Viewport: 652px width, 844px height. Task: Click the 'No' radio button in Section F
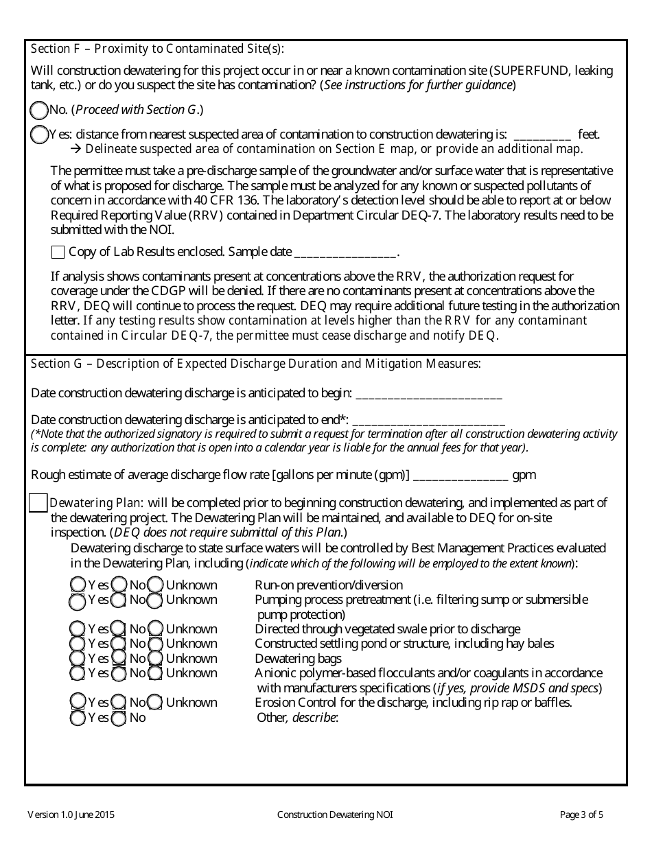tap(40, 110)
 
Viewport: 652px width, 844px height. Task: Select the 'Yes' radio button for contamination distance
tap(40, 135)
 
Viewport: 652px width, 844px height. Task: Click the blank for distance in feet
tap(542, 135)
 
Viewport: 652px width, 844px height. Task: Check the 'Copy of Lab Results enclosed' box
tap(58, 252)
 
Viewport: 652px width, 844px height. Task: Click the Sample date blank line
tap(345, 252)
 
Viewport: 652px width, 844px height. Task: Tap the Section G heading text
tap(255, 364)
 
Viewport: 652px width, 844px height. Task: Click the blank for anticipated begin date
tap(429, 394)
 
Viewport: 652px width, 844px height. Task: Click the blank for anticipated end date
tap(428, 420)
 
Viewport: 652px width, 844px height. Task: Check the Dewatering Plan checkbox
tap(38, 503)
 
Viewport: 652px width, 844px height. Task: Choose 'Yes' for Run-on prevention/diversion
tap(78, 585)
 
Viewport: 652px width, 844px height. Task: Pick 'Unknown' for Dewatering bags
tap(156, 659)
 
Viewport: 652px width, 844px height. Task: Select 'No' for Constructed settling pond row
tap(119, 644)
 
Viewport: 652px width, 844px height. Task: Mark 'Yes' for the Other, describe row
tap(78, 718)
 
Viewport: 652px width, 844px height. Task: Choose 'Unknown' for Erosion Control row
tap(156, 703)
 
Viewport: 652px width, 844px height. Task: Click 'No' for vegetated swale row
tap(119, 629)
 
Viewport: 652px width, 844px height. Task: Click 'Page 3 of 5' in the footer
tap(581, 815)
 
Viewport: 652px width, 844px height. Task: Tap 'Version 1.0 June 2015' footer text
tap(71, 815)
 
